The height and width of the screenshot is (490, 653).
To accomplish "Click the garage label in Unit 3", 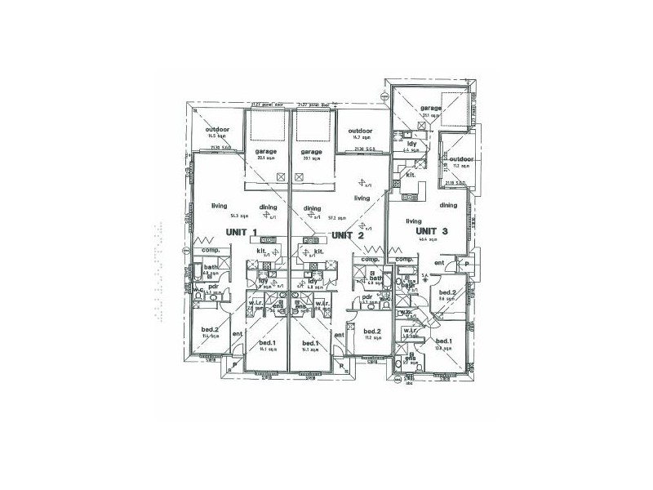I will tap(431, 109).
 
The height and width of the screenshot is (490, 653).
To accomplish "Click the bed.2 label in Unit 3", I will tap(446, 292).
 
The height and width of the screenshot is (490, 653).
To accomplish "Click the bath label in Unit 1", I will tap(211, 267).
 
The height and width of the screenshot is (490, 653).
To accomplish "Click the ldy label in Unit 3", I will tap(411, 144).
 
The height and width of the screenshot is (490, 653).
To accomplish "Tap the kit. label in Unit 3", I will tap(413, 174).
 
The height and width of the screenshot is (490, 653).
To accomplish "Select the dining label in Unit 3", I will tap(447, 205).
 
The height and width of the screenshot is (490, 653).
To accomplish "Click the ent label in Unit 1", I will tap(238, 333).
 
